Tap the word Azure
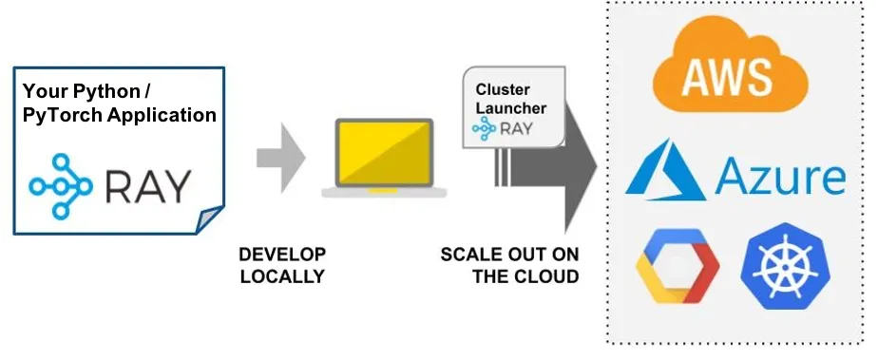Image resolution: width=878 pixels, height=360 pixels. pyautogui.click(x=780, y=176)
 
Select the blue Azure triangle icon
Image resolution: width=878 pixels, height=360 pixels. pyautogui.click(x=666, y=170)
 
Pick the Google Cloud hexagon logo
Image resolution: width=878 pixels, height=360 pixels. pyautogui.click(x=678, y=266)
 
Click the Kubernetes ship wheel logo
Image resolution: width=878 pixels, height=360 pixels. pyautogui.click(x=785, y=267)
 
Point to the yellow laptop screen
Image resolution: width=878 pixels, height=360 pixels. pyautogui.click(x=384, y=152)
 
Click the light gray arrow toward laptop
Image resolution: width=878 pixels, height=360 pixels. pyautogui.click(x=280, y=158)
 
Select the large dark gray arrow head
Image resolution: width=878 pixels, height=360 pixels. pyautogui.click(x=580, y=166)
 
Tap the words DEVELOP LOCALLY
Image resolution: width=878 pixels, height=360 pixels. pyautogui.click(x=282, y=265)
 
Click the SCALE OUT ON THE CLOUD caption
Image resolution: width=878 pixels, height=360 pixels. pyautogui.click(x=509, y=265)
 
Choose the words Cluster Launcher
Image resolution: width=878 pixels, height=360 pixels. pyautogui.click(x=510, y=99)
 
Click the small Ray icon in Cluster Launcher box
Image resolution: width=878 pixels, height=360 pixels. pyautogui.click(x=484, y=128)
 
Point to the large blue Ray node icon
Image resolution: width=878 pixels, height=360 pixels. pyautogui.click(x=61, y=186)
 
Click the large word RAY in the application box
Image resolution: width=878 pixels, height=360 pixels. pyautogui.click(x=148, y=186)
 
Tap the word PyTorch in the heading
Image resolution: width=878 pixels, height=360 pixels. pyautogui.click(x=63, y=115)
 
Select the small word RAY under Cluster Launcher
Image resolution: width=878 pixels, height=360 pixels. pyautogui.click(x=516, y=129)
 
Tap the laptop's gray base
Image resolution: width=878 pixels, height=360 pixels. pyautogui.click(x=384, y=192)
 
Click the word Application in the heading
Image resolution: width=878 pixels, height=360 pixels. pyautogui.click(x=162, y=115)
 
